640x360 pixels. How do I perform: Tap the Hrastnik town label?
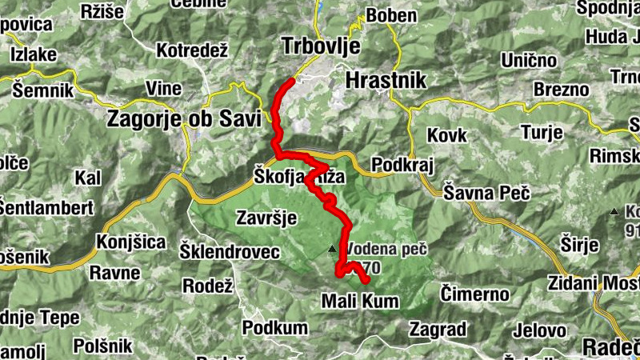pos(386,80)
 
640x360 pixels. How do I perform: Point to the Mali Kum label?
pos(359,302)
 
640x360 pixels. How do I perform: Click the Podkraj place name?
pos(403,164)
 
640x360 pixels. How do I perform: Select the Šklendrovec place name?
pos(230,252)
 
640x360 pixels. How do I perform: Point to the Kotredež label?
pos(193,50)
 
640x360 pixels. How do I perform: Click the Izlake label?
pos(34,54)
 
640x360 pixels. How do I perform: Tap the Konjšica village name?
pos(130,242)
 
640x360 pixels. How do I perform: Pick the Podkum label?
pos(274,327)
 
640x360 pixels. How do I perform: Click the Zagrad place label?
pos(438,328)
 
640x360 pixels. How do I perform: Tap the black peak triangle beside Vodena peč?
pos(332,249)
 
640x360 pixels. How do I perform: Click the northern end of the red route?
pos(291,80)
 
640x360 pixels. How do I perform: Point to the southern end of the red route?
pos(367,281)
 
